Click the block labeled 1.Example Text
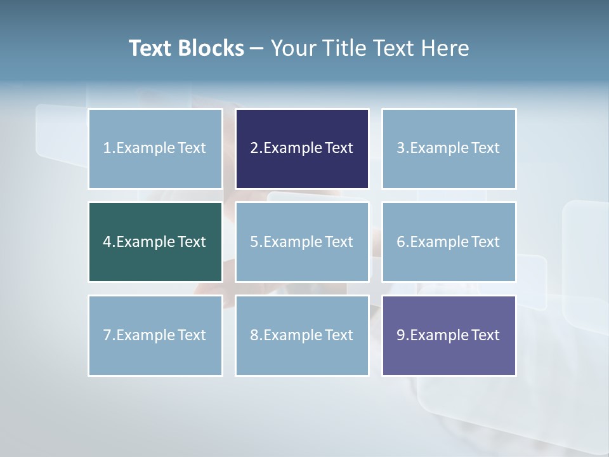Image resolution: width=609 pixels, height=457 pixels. [155, 149]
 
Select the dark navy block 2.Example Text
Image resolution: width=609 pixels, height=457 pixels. [302, 149]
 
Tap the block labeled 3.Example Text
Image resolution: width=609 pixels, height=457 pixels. [449, 149]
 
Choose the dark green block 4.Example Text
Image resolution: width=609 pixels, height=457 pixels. [155, 242]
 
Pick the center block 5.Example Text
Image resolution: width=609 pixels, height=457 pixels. [302, 242]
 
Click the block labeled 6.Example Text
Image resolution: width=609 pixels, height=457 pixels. [449, 242]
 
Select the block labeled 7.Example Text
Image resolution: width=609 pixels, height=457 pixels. [155, 335]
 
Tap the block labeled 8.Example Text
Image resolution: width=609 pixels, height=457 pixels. [302, 335]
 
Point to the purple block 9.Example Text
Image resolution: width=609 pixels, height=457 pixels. [449, 335]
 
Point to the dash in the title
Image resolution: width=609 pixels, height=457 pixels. [258, 49]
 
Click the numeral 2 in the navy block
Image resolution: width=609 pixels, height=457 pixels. [254, 148]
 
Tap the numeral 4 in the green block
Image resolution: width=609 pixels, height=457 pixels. [107, 242]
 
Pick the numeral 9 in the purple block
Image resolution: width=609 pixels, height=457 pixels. [400, 335]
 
